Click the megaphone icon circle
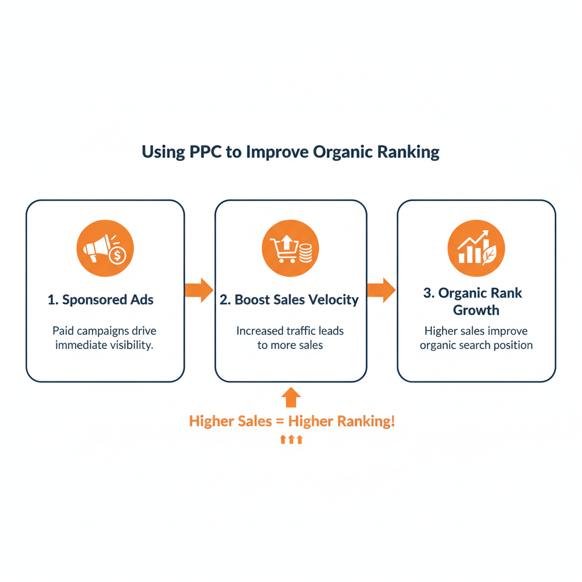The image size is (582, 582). pyautogui.click(x=105, y=248)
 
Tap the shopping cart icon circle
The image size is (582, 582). pyautogui.click(x=290, y=248)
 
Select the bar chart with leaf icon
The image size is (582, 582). pyautogui.click(x=476, y=248)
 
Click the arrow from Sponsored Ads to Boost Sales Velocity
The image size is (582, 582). pyautogui.click(x=199, y=290)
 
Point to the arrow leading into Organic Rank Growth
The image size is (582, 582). pyautogui.click(x=381, y=290)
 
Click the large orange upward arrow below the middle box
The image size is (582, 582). pyautogui.click(x=291, y=398)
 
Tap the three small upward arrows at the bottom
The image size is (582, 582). pyautogui.click(x=291, y=439)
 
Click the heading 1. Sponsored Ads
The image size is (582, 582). pyautogui.click(x=101, y=300)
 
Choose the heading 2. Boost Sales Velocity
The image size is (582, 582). pyautogui.click(x=289, y=300)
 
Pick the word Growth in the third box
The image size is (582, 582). pyautogui.click(x=476, y=310)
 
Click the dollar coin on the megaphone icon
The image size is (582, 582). pyautogui.click(x=118, y=256)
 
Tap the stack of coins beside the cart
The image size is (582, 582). pyautogui.click(x=305, y=252)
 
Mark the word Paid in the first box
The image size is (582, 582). pyautogui.click(x=64, y=331)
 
